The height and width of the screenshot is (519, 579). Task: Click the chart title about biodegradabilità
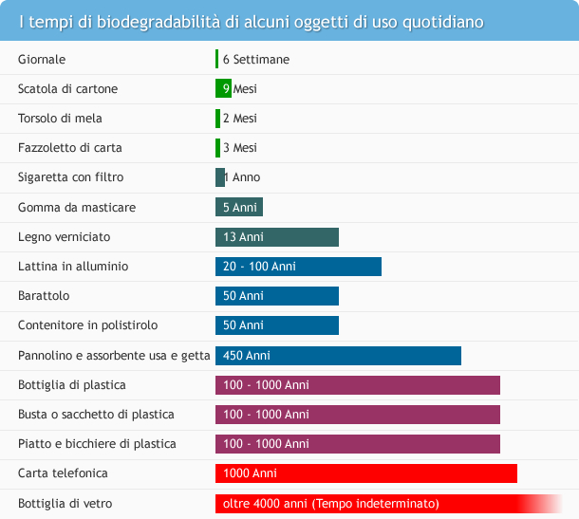click(x=252, y=21)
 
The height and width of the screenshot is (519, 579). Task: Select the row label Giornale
click(x=42, y=59)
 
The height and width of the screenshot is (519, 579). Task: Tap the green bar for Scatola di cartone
click(x=223, y=88)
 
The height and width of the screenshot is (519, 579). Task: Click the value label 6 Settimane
click(x=256, y=59)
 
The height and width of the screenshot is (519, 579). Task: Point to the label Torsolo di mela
click(x=60, y=119)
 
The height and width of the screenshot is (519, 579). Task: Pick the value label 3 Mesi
click(x=240, y=148)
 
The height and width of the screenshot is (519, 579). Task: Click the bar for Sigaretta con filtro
click(x=219, y=177)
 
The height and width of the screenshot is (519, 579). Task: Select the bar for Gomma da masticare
click(x=239, y=207)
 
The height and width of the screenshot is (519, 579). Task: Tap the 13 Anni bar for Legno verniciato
click(x=277, y=236)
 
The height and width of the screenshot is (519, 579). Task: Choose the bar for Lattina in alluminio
click(x=298, y=267)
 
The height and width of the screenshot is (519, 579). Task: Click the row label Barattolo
click(x=44, y=296)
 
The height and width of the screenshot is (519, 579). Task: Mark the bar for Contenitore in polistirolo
click(x=277, y=325)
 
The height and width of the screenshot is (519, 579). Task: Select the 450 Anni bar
click(x=338, y=356)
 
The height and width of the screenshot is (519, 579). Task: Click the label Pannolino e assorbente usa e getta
click(x=114, y=356)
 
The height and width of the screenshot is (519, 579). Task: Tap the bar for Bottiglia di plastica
click(x=358, y=385)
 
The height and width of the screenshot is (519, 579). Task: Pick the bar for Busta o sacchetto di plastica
click(x=358, y=415)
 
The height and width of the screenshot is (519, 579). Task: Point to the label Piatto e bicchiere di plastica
click(x=97, y=444)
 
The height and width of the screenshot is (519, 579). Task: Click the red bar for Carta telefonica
click(x=366, y=473)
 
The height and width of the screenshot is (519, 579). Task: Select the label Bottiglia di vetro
click(x=65, y=503)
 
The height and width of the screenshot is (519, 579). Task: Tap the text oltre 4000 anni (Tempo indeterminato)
click(x=331, y=503)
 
